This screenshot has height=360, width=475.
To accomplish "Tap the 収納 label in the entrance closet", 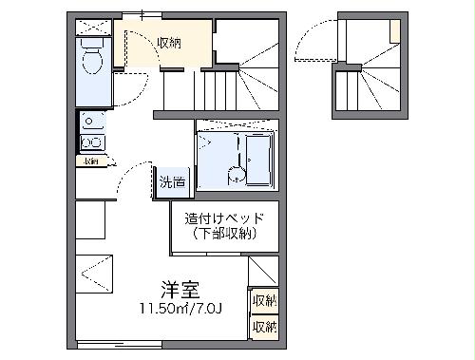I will tap(170, 43).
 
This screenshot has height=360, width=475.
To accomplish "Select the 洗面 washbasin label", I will tap(172, 181).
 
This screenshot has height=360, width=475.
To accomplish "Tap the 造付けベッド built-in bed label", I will tap(224, 218).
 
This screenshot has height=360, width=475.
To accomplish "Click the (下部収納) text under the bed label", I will tap(226, 233).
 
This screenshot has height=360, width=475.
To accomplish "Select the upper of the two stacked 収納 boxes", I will tap(264, 301).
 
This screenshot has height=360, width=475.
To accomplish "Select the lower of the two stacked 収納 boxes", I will tap(264, 326).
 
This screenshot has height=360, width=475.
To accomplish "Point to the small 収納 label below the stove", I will tap(90, 161).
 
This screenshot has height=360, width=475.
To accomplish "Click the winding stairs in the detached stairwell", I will tap(366, 90).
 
